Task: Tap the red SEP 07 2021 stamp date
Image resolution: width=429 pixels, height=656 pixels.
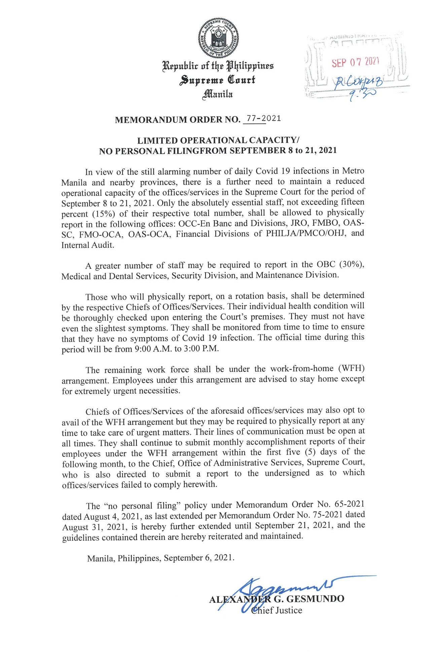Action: pos(355,62)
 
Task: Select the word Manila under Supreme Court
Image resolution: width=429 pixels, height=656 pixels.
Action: pos(217,94)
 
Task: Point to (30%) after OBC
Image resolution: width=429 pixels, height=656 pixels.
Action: pos(351,264)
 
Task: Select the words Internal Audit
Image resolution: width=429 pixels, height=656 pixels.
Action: pos(87,245)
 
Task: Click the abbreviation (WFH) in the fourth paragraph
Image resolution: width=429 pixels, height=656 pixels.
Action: pos(351,369)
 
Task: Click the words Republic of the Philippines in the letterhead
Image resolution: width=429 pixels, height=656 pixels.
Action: pos(218,65)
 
